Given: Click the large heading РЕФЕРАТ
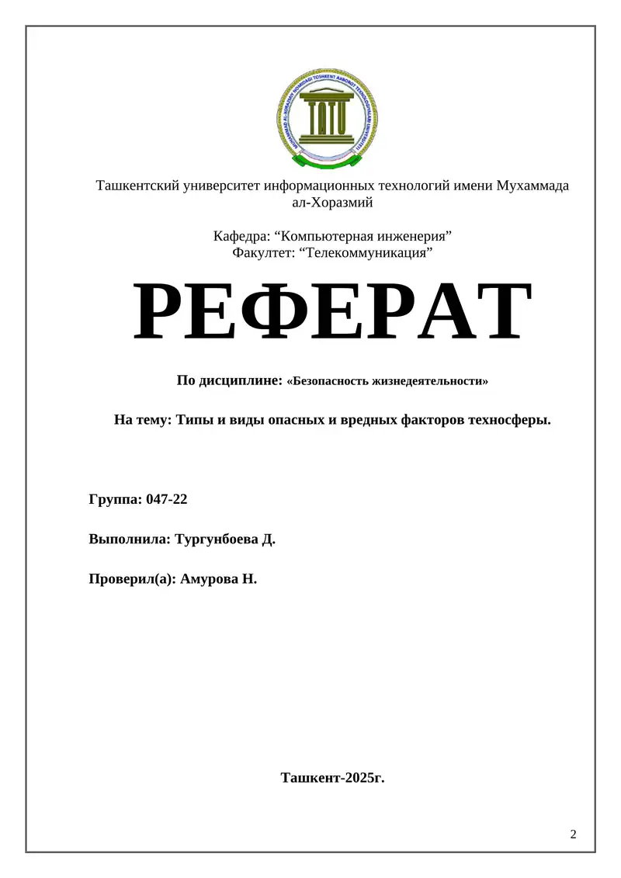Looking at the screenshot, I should pyautogui.click(x=332, y=314).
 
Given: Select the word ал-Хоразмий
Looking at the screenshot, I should pyautogui.click(x=332, y=203).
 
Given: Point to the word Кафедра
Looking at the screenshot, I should pyautogui.click(x=241, y=236).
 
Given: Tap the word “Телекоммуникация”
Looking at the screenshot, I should pyautogui.click(x=366, y=252).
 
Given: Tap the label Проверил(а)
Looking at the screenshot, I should pyautogui.click(x=133, y=578).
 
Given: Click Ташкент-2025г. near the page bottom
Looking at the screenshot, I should pyautogui.click(x=332, y=776).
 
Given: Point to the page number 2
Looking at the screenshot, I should pyautogui.click(x=574, y=835).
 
